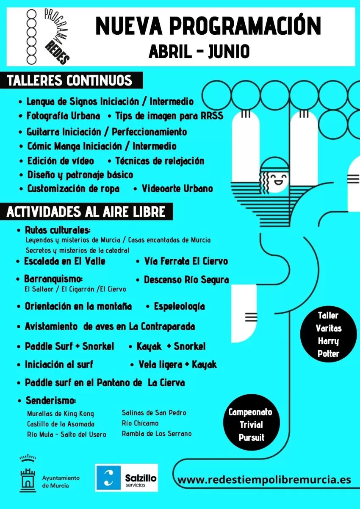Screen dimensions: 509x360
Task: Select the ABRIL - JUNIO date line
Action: (199, 52)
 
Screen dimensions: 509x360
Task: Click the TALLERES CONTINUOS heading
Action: (70, 80)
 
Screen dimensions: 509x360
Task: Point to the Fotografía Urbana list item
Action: (64, 116)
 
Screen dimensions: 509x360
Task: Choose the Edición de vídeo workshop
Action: (61, 161)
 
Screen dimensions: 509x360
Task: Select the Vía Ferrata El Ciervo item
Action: (186, 261)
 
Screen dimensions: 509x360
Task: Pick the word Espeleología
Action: (179, 306)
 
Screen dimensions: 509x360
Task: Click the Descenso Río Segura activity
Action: (186, 280)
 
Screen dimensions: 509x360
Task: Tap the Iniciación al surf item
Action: (59, 365)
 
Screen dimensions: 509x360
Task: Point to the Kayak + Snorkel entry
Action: (171, 346)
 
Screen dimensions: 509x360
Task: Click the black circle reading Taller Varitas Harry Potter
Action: (328, 335)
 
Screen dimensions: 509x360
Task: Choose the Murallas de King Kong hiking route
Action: (61, 414)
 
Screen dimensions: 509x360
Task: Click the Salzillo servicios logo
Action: (127, 477)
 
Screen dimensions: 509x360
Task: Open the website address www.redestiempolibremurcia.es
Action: (264, 480)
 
